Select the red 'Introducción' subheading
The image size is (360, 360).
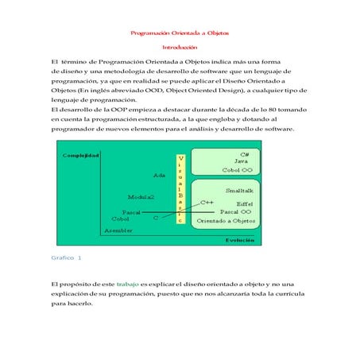tap(180, 48)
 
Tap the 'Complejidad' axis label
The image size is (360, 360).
tap(81, 155)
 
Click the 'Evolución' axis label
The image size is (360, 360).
tap(240, 239)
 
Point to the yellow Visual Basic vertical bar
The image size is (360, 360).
tap(180, 189)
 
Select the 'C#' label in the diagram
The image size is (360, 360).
tap(245, 153)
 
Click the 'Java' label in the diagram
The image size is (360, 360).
tap(242, 161)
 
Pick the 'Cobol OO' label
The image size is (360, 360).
tap(238, 170)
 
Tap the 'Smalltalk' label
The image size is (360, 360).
tap(241, 192)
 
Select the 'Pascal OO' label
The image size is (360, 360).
tap(236, 212)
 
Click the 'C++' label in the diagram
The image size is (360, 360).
tap(207, 202)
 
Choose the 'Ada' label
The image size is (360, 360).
tap(160, 175)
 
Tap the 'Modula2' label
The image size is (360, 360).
tap(141, 195)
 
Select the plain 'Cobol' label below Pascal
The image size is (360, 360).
tap(121, 219)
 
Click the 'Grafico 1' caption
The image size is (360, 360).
tap(66, 258)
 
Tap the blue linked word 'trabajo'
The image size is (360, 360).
tap(127, 284)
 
